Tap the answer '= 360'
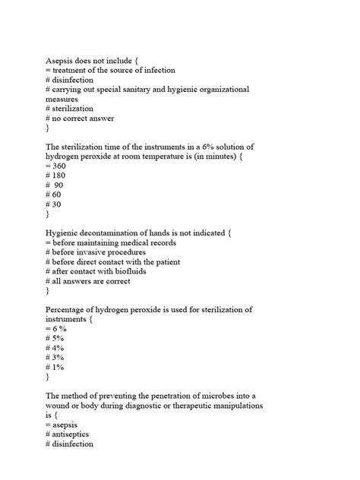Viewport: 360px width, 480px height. pos(55,166)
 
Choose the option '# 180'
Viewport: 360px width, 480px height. pos(55,175)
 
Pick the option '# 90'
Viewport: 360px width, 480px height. pos(55,185)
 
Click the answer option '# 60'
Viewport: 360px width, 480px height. pos(54,195)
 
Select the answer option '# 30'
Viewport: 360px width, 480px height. pos(54,205)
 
